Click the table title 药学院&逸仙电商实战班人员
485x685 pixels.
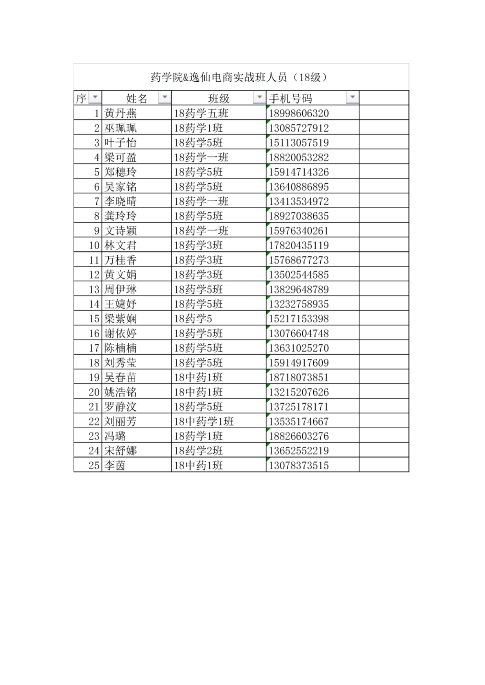point(239,77)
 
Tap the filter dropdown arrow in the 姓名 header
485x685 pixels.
point(165,97)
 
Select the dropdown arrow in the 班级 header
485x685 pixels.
point(259,97)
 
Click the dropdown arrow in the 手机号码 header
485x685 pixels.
point(352,97)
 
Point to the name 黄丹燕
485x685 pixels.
point(120,113)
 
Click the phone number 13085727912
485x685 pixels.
point(298,128)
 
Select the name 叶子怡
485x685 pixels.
point(120,143)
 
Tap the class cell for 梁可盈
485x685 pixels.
point(201,157)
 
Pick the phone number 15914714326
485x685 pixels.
point(298,172)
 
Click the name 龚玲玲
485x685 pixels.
point(120,216)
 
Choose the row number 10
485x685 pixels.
point(94,245)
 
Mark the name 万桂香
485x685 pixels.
point(120,260)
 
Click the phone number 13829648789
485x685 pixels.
point(298,290)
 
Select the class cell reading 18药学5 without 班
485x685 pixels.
point(193,319)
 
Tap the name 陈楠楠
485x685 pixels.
point(120,348)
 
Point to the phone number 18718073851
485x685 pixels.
point(298,377)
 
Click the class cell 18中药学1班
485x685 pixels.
point(204,422)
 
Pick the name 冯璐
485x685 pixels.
point(115,436)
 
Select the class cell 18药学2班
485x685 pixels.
point(198,451)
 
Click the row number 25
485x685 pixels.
point(94,465)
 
